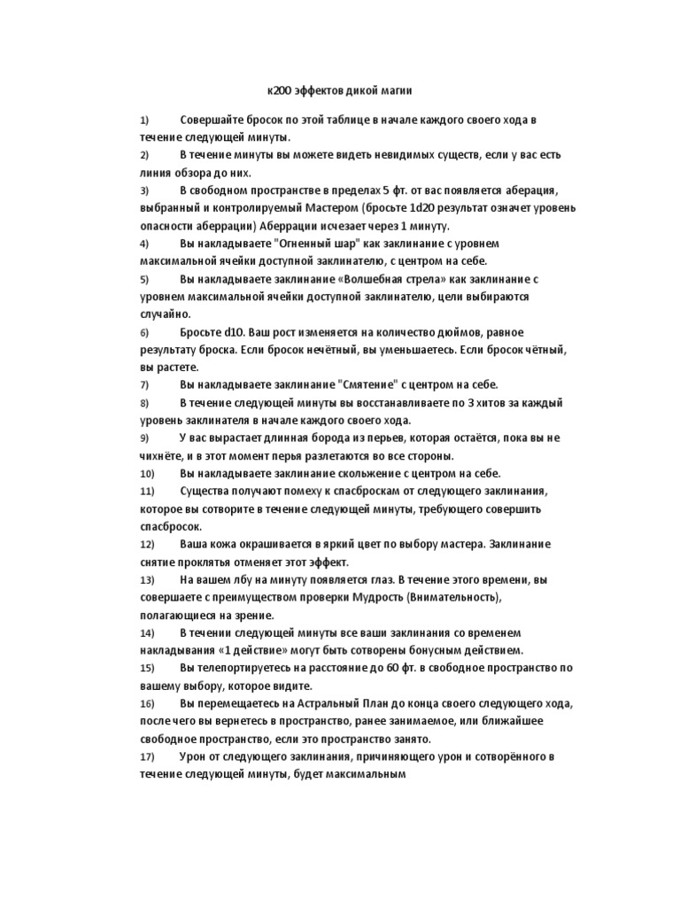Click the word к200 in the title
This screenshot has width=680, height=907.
[x=281, y=91]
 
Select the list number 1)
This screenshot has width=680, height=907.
[x=145, y=120]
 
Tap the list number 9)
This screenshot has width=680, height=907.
[x=145, y=438]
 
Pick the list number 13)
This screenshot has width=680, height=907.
[x=148, y=579]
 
